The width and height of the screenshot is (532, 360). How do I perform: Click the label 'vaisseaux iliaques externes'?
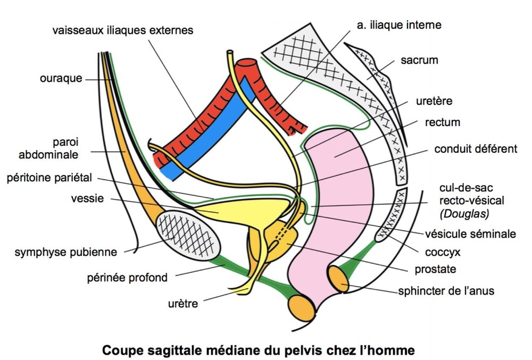[x=123, y=30]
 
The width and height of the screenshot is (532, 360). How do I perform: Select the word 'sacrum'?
[x=419, y=60]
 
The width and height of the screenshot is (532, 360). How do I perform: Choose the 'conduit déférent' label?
[x=476, y=149]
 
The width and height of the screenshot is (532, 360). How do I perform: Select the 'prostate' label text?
[x=440, y=269]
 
